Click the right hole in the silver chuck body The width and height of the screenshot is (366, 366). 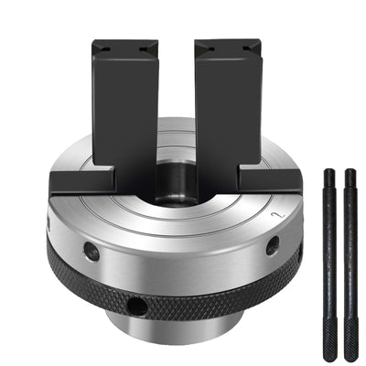click(x=272, y=244)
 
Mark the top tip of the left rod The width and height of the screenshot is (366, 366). click(x=328, y=171)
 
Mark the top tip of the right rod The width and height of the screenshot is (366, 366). click(x=349, y=171)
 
